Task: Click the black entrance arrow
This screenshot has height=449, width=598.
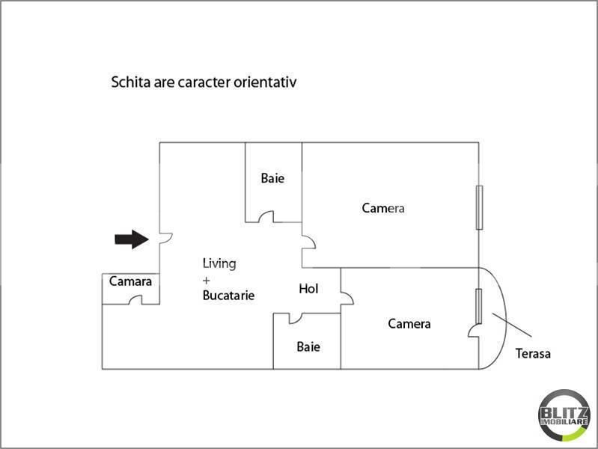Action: coord(131,239)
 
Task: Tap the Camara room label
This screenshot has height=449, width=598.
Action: coord(130,281)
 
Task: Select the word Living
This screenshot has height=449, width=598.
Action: coord(219,263)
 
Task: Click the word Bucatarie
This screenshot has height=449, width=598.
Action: coord(228,296)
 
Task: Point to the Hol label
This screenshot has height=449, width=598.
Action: coord(308,288)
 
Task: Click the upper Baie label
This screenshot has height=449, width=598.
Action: coord(272,179)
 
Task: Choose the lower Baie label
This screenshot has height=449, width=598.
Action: coord(308,346)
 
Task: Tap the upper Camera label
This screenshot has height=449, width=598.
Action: coord(383,208)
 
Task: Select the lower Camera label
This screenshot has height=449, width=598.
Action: coord(409,324)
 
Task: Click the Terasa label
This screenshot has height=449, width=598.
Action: coord(533,353)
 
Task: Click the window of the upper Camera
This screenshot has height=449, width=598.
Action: coord(479,207)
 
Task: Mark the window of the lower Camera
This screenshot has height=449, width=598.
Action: coord(478,306)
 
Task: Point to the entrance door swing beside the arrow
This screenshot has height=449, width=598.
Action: coord(167,239)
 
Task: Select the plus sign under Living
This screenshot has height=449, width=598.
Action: coord(207,280)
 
